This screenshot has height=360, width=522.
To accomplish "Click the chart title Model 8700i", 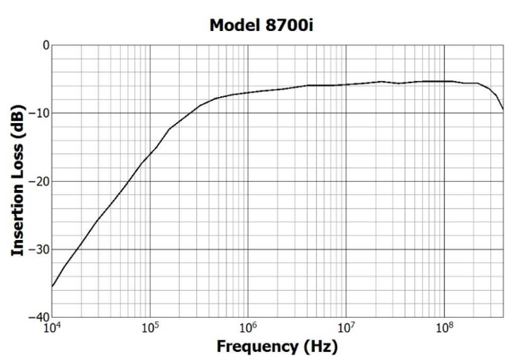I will coord(265,25).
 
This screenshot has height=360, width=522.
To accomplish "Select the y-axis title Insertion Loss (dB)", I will coord(17,181).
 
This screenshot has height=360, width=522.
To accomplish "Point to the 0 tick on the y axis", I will coord(44,45).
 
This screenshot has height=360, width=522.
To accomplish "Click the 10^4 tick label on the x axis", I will coord(52,327).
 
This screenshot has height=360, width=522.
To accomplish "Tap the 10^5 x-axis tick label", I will coord(150,327).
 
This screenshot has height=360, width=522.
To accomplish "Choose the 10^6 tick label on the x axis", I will coord(248,327).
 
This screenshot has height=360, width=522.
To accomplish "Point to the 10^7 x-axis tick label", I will coord(346,327).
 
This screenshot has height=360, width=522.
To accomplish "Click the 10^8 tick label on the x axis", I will coord(444,327).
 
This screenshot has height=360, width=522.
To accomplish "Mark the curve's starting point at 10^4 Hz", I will coord(52,286).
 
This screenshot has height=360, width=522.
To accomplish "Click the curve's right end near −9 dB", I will coord(503,109).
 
